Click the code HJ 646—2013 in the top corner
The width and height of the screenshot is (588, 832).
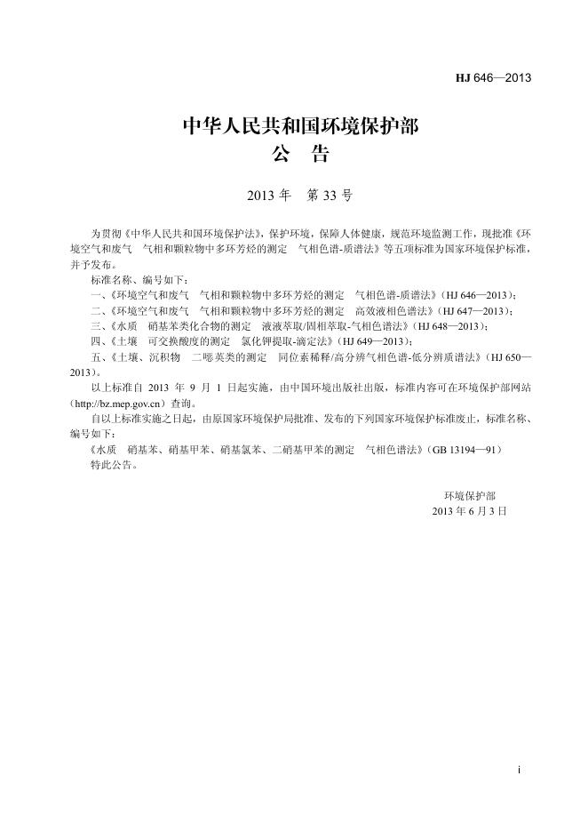(x=493, y=77)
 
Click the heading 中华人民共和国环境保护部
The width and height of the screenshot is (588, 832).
(x=299, y=127)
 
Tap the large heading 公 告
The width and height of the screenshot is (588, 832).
(x=299, y=156)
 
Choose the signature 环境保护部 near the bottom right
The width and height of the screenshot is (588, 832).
(x=470, y=496)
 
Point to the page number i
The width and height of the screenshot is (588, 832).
(x=518, y=767)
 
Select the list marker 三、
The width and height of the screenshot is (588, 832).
(x=99, y=325)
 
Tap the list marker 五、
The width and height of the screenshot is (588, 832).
(x=99, y=356)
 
